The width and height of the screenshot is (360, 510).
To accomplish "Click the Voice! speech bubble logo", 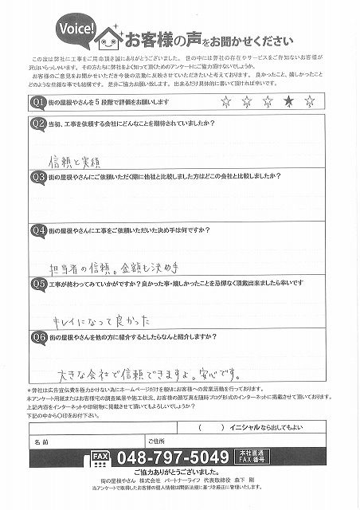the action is click(78, 30).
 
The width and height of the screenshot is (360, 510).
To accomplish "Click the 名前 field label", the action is click(43, 439).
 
